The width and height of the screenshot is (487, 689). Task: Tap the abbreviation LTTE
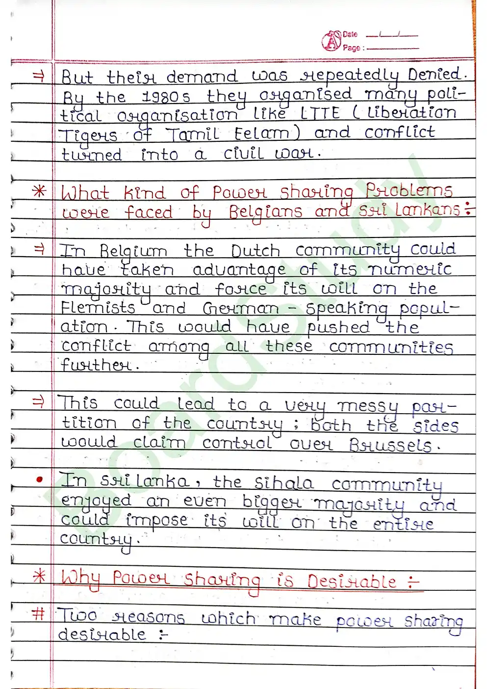320,113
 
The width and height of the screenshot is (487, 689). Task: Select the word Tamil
192,133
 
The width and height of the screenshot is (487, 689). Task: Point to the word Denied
435,75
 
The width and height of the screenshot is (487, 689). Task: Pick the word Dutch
256,251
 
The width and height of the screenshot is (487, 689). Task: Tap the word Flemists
98,308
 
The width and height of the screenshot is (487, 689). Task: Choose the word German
241,309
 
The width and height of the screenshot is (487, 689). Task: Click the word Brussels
391,445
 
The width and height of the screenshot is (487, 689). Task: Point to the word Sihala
284,483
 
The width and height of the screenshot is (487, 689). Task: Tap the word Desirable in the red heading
352,582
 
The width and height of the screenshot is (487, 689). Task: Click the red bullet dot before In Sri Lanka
39,480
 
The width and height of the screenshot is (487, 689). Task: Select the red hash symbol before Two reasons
38,613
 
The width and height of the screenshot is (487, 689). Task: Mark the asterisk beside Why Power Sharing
39,576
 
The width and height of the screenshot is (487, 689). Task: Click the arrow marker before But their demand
38,76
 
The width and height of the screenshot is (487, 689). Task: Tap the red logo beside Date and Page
331,41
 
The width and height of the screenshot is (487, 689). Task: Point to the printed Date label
350,34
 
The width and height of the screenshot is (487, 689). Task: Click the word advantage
239,270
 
